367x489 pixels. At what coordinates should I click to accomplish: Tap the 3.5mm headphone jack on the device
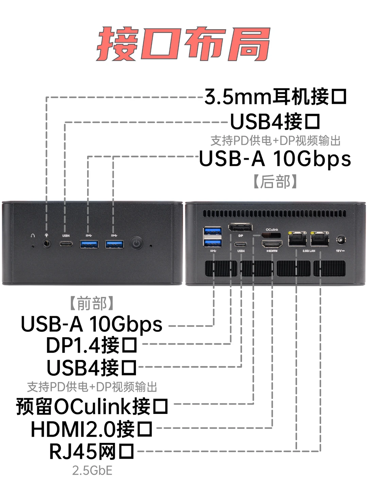coord(47,243)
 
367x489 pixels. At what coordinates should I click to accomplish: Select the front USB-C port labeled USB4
coord(66,244)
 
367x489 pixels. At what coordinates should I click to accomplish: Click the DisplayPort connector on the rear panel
coord(240,227)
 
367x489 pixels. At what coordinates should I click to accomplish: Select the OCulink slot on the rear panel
coord(272,235)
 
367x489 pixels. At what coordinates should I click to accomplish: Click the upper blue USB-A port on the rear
coord(213,231)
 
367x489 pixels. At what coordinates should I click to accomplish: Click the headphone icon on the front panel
coord(33,235)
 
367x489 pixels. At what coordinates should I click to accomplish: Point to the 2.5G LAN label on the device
coord(309,251)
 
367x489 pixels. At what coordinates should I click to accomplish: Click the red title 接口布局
coord(183,44)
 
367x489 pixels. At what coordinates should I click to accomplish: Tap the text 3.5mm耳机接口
coord(275,97)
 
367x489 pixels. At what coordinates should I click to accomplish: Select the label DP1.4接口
coord(91,345)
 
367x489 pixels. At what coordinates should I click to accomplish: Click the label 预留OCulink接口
coord(92,406)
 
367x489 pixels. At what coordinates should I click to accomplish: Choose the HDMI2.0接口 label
coord(91,429)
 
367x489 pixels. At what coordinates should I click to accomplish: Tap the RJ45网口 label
coord(91,452)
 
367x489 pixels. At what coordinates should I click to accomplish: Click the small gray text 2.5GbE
coord(92,470)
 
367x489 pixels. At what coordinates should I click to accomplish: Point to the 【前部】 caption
coord(92,303)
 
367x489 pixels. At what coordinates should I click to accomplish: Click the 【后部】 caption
coord(275,181)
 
